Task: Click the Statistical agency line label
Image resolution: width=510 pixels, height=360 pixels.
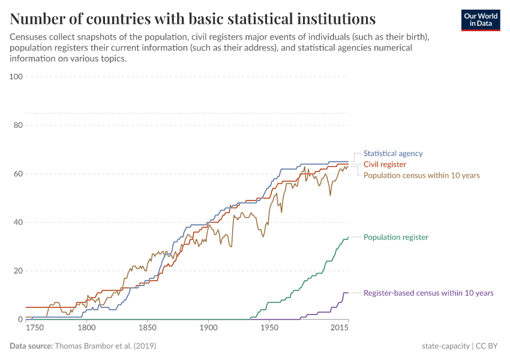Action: pyautogui.click(x=393, y=154)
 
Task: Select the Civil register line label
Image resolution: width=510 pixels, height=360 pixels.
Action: pyautogui.click(x=385, y=164)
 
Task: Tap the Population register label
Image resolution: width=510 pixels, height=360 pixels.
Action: pyautogui.click(x=396, y=238)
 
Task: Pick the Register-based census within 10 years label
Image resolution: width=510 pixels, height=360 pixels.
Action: pyautogui.click(x=428, y=293)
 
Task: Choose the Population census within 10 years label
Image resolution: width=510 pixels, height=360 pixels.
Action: pyautogui.click(x=422, y=175)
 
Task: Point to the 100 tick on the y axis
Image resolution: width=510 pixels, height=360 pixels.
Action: pyautogui.click(x=16, y=77)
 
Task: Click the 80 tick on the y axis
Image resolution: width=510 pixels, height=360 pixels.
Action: pyautogui.click(x=18, y=125)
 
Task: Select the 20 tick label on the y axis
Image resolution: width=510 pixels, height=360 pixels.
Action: pyautogui.click(x=18, y=271)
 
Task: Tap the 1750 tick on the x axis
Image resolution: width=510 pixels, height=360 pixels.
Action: pyautogui.click(x=35, y=328)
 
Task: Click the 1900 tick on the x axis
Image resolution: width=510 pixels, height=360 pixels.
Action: pyautogui.click(x=208, y=328)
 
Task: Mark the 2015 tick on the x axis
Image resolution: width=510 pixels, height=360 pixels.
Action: pyautogui.click(x=340, y=328)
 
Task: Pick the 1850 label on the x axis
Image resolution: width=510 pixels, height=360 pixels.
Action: pyautogui.click(x=148, y=328)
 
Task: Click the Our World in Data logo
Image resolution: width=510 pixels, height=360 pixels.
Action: pyautogui.click(x=481, y=20)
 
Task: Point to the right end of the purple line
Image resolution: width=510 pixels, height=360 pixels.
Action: pyautogui.click(x=348, y=293)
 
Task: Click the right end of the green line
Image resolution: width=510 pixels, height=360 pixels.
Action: pyautogui.click(x=348, y=238)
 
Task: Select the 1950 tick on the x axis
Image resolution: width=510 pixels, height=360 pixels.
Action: pyautogui.click(x=269, y=328)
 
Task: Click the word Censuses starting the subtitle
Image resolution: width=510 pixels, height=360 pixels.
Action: pyautogui.click(x=31, y=37)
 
